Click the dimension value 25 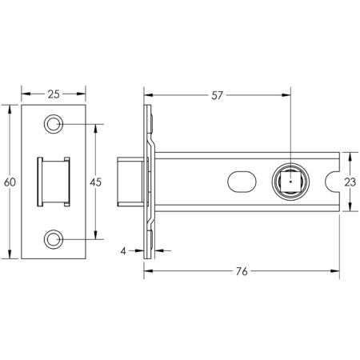coord(53,94)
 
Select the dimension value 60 coord(10,182)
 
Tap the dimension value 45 coord(95,182)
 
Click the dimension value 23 coord(349,182)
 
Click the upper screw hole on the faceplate coord(54,124)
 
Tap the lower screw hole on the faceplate coord(54,238)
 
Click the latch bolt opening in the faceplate coord(54,182)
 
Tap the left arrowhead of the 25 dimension coord(23,94)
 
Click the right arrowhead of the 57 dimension coord(284,94)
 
